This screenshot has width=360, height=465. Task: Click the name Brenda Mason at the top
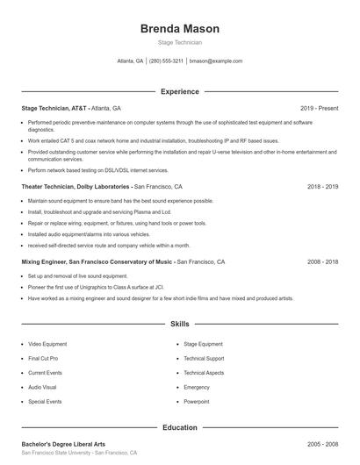[179, 29]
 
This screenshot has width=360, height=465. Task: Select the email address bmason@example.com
[216, 61]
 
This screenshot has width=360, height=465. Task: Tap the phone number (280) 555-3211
[166, 61]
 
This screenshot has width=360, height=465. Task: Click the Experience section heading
[179, 91]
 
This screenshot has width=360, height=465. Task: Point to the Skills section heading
[179, 324]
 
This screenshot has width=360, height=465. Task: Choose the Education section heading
[179, 427]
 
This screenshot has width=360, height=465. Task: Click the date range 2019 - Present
[319, 108]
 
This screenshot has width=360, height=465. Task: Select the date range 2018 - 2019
[322, 187]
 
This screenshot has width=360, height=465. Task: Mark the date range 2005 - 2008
[322, 445]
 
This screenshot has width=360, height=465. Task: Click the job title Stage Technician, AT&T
[54, 108]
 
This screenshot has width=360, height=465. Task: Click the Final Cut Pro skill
[43, 359]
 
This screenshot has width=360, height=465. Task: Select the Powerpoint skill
[197, 401]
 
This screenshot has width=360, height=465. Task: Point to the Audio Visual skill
[42, 387]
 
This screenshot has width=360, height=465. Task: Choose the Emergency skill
[197, 387]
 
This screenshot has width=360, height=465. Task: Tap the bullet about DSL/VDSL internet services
[97, 170]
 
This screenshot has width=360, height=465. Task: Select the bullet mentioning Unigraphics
[97, 287]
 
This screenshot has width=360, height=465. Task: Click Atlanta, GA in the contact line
[130, 61]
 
